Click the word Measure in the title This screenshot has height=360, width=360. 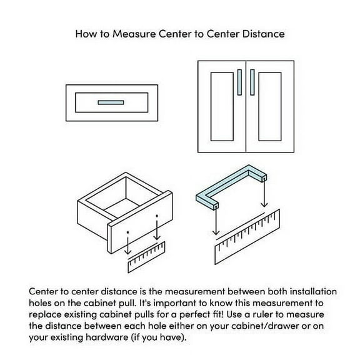pos(134,34)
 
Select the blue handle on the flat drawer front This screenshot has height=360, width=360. pos(111,102)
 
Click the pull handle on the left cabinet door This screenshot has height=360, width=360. pos(239,82)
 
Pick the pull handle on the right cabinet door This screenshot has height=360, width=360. pos(252,82)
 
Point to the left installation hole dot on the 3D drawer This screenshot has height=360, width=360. pos(128,232)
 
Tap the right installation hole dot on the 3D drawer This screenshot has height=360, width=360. pos(157,216)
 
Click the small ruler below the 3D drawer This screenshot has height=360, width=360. pos(146,257)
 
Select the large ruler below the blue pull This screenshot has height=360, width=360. pos(247,237)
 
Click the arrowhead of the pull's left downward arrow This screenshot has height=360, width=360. pos(216,232)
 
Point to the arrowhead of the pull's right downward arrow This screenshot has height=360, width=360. pos(264,204)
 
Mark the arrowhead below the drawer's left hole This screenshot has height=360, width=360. pos(128,252)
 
